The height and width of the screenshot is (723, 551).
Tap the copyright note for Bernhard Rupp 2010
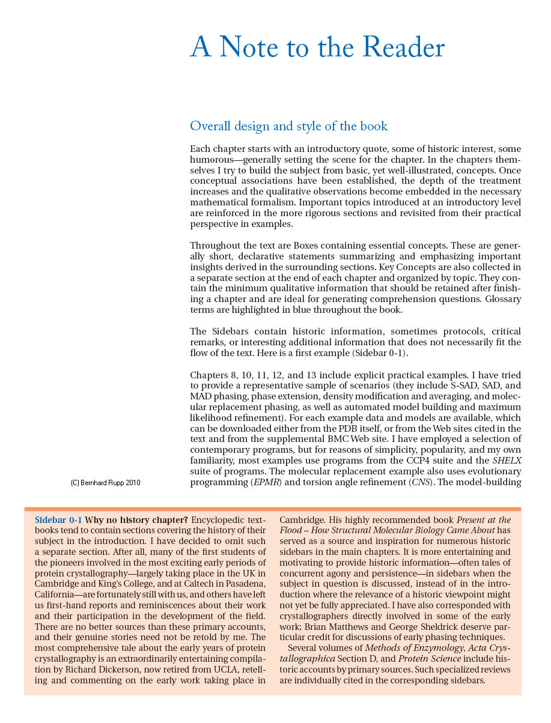tap(105, 483)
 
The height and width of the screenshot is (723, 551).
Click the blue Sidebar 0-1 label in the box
tap(58, 520)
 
